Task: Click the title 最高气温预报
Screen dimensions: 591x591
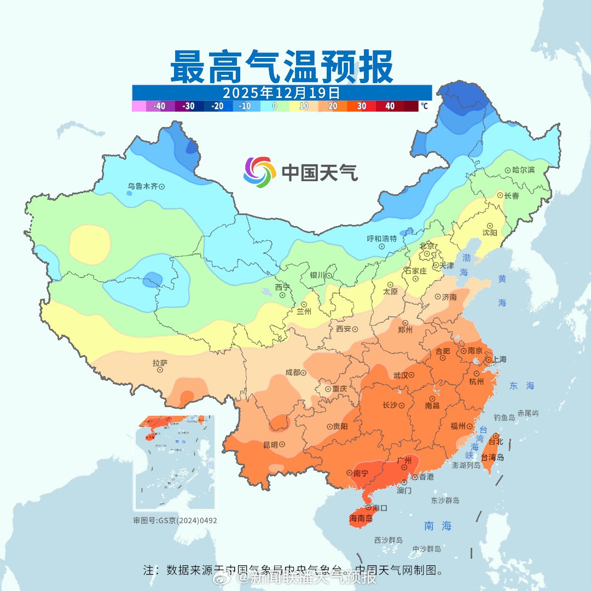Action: click(281, 67)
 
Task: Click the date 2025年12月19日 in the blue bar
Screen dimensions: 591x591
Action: click(281, 92)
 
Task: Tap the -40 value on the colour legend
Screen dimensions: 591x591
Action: click(160, 106)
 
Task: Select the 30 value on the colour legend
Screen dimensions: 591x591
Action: click(362, 106)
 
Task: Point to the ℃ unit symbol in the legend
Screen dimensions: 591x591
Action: click(424, 106)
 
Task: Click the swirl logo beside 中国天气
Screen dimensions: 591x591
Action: click(259, 172)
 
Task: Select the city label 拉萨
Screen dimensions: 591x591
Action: click(160, 362)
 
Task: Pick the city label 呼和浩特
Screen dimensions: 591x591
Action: click(381, 239)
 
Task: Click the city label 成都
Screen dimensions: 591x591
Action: click(293, 373)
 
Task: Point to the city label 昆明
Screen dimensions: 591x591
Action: click(270, 445)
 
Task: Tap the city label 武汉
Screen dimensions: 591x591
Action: click(401, 375)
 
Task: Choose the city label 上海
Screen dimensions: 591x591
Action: click(499, 360)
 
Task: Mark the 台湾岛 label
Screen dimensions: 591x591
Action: click(493, 457)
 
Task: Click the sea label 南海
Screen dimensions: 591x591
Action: click(438, 526)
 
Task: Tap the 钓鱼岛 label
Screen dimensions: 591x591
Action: click(504, 418)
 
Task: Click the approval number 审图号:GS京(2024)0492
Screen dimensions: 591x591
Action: click(175, 520)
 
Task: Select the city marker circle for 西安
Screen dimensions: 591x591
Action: click(355, 329)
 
